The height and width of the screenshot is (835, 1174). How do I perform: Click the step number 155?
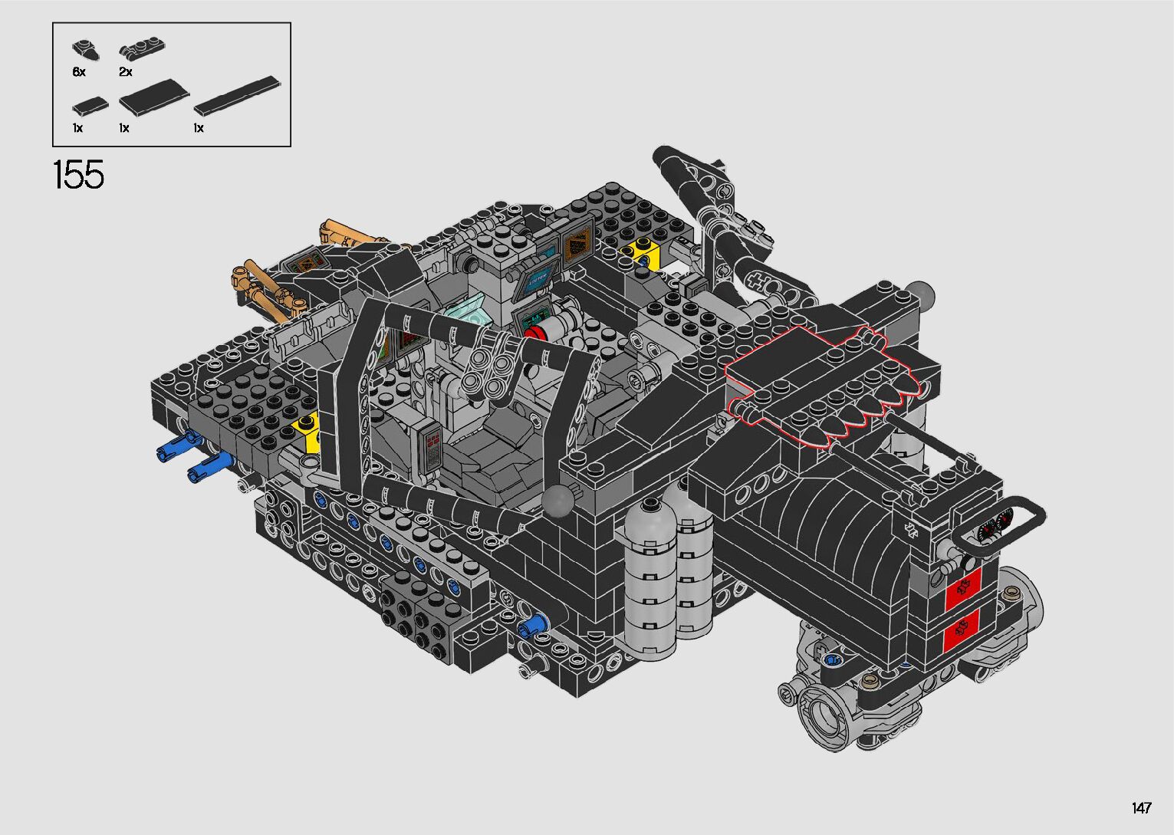tap(79, 175)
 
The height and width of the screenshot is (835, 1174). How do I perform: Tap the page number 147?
tap(1142, 807)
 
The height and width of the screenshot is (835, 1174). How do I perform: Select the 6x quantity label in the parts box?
tap(79, 72)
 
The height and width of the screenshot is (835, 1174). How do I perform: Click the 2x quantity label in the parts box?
tap(125, 72)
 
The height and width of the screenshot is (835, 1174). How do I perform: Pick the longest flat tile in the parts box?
tap(237, 95)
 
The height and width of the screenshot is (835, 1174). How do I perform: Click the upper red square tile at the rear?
tap(962, 589)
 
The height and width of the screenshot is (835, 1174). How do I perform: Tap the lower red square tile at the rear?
tap(962, 631)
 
